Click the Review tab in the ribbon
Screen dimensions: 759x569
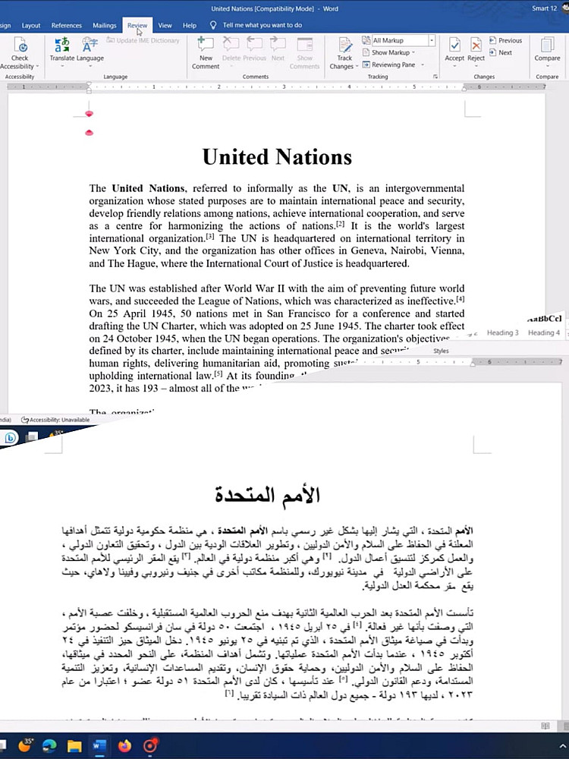tap(137, 25)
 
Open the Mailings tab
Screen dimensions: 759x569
tap(104, 25)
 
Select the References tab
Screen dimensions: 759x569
tap(67, 25)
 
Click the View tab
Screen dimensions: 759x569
tap(165, 25)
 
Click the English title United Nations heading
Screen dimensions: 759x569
tap(277, 157)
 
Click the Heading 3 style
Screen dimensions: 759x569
tap(502, 332)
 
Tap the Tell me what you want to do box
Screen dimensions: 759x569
tap(262, 25)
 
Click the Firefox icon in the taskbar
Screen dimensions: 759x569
tap(124, 746)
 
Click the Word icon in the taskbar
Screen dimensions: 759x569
tap(99, 746)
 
